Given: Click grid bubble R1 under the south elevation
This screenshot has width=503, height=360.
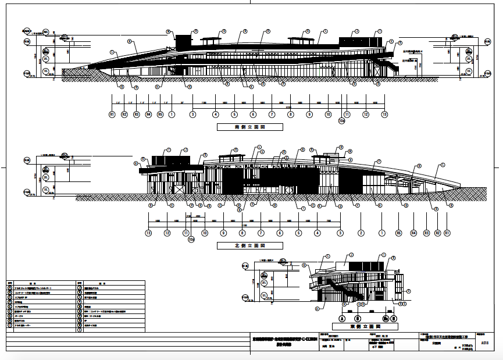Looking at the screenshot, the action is click(x=112, y=115).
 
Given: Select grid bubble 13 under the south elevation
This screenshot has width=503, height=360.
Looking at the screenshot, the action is click(x=384, y=115).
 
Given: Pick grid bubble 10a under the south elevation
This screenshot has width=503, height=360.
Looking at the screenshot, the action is click(x=342, y=121).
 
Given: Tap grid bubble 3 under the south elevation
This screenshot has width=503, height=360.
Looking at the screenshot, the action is click(x=192, y=115).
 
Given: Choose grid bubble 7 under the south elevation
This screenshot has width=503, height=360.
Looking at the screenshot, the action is click(x=272, y=115).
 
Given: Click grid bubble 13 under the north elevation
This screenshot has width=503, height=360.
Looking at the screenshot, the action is click(x=149, y=233).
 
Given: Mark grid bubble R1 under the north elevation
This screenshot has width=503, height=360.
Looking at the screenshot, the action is click(x=447, y=233).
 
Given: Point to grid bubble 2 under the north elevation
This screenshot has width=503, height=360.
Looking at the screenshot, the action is click(x=361, y=233).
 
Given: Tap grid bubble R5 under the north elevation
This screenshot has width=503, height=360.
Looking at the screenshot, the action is click(x=399, y=233).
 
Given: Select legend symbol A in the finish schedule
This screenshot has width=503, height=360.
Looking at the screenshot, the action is click(x=9, y=287).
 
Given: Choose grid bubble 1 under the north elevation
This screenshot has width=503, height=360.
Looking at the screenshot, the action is click(x=381, y=233).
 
